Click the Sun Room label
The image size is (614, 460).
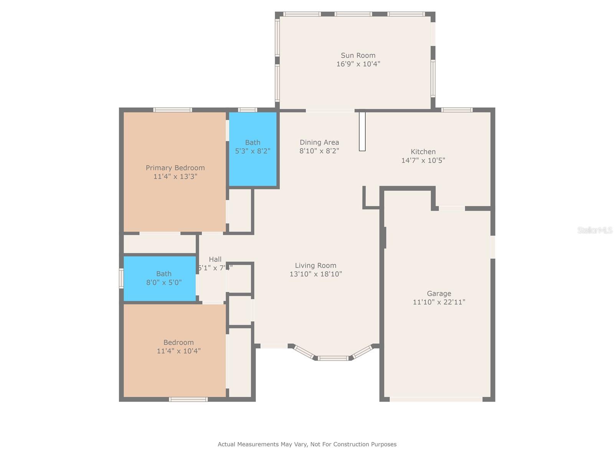(x=358, y=55)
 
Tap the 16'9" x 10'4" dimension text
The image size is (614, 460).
(x=358, y=64)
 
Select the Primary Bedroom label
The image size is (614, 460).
(x=175, y=168)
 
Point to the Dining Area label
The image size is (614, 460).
(x=319, y=143)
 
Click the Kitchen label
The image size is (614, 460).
(x=423, y=152)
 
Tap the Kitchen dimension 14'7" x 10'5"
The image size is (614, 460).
(x=423, y=161)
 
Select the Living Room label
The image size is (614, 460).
(x=315, y=265)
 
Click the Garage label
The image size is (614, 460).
(x=439, y=294)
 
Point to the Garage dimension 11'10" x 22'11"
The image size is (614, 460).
(x=439, y=302)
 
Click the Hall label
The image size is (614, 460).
(x=215, y=260)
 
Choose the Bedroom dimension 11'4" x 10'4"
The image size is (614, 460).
(x=178, y=351)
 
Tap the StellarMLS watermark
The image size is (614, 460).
(x=595, y=230)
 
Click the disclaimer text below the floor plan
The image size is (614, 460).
(x=307, y=444)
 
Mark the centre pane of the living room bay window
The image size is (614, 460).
(x=333, y=358)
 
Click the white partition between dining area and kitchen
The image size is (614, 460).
(x=362, y=131)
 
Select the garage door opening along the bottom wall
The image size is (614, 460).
(x=436, y=399)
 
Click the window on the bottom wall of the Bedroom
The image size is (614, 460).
(x=188, y=399)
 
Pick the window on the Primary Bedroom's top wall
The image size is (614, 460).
(x=173, y=110)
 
